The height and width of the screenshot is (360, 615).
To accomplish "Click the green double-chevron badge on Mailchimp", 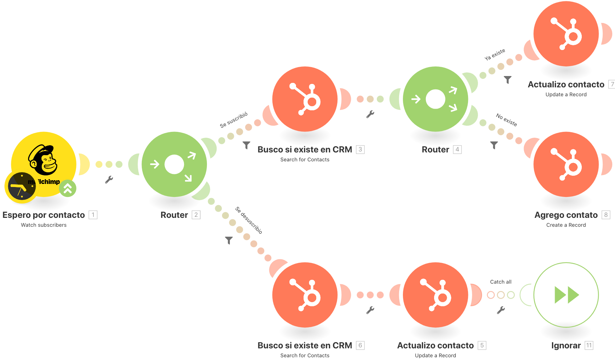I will coord(68,188).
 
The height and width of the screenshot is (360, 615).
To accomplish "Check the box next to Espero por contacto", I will coord(93,215).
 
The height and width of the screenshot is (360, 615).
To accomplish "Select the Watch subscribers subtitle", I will coord(44,225).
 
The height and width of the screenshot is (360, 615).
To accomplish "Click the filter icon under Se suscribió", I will coord(246,145).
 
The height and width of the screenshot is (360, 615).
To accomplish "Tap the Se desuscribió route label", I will coord(249,220).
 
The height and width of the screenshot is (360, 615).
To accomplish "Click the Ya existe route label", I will coord(495,55).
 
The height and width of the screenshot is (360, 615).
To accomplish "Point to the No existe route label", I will coord(506,120).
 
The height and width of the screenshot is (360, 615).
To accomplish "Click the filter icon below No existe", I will coord(494,145).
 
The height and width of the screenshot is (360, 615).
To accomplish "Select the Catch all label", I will coord(501,282).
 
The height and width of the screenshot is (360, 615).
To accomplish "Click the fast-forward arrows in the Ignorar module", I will coord(566,295).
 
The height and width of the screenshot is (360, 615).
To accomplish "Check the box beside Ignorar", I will coord(589,345).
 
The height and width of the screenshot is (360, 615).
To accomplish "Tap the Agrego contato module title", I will coord(566,215).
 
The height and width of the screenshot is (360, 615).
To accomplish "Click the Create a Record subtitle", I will coord(566,225).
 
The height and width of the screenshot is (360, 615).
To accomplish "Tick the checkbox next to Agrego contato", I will coord(606,215).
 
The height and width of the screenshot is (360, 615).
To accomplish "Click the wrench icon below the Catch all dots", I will coord(501,310).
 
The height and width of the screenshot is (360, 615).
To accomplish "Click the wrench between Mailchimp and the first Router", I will coord(109,179).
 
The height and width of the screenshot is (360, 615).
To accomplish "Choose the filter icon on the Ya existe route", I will coord(508,80).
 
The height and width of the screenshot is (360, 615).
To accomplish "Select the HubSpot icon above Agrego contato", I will coord(566,164).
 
